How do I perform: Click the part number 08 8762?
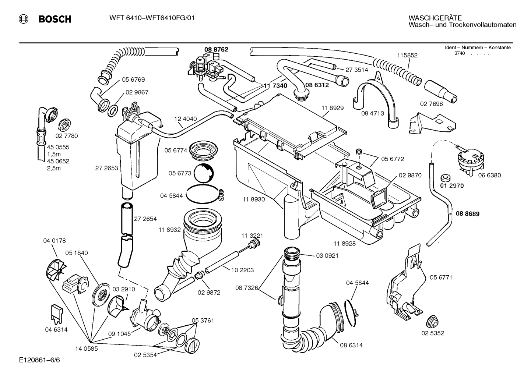click(216, 49)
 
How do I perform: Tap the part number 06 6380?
click(489, 176)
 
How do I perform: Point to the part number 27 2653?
click(106, 168)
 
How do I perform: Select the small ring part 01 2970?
click(446, 178)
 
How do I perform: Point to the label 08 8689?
click(467, 213)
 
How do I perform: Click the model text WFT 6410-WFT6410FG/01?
click(152, 18)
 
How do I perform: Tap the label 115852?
click(407, 55)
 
